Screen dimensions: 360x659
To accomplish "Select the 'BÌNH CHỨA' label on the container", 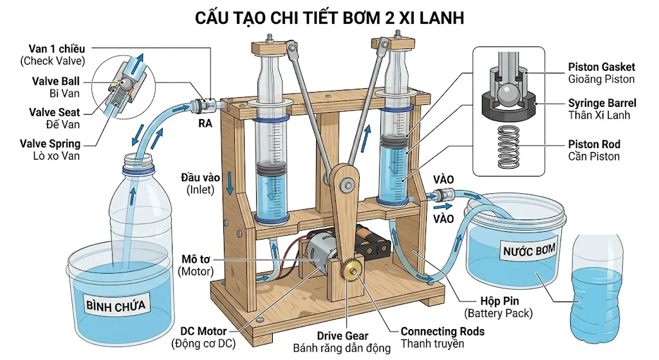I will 118,305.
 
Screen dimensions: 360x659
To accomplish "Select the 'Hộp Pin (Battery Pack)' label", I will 499,307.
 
